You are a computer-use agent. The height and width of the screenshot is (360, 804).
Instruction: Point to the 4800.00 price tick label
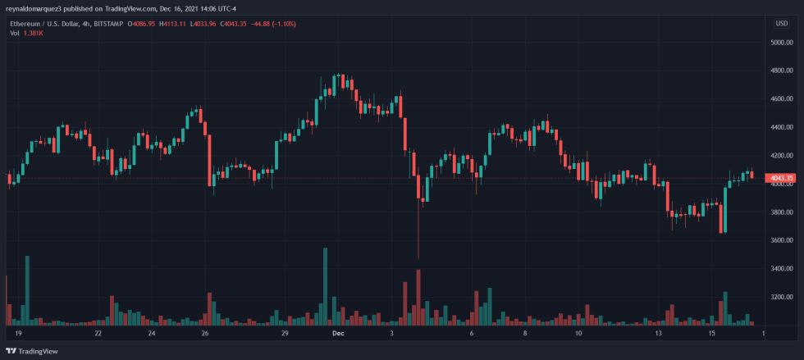780,71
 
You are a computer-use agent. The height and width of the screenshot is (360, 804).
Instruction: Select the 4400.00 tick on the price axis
780,128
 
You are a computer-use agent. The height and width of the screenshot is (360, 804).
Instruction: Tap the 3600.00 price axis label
780,240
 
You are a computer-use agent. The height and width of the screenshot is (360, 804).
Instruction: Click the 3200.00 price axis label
780,297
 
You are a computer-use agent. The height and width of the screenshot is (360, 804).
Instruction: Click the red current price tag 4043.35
780,178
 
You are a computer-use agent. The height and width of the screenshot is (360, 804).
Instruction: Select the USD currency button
781,23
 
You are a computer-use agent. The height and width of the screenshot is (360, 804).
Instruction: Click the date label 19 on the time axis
18,334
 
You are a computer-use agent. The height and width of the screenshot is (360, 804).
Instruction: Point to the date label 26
205,334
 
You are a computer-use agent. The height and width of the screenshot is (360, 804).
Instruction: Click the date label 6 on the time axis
472,334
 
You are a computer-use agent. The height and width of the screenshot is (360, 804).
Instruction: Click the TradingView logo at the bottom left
33,352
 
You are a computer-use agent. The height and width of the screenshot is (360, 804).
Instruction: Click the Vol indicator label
16,34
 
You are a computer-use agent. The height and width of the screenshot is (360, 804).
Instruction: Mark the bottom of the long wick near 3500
418,257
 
